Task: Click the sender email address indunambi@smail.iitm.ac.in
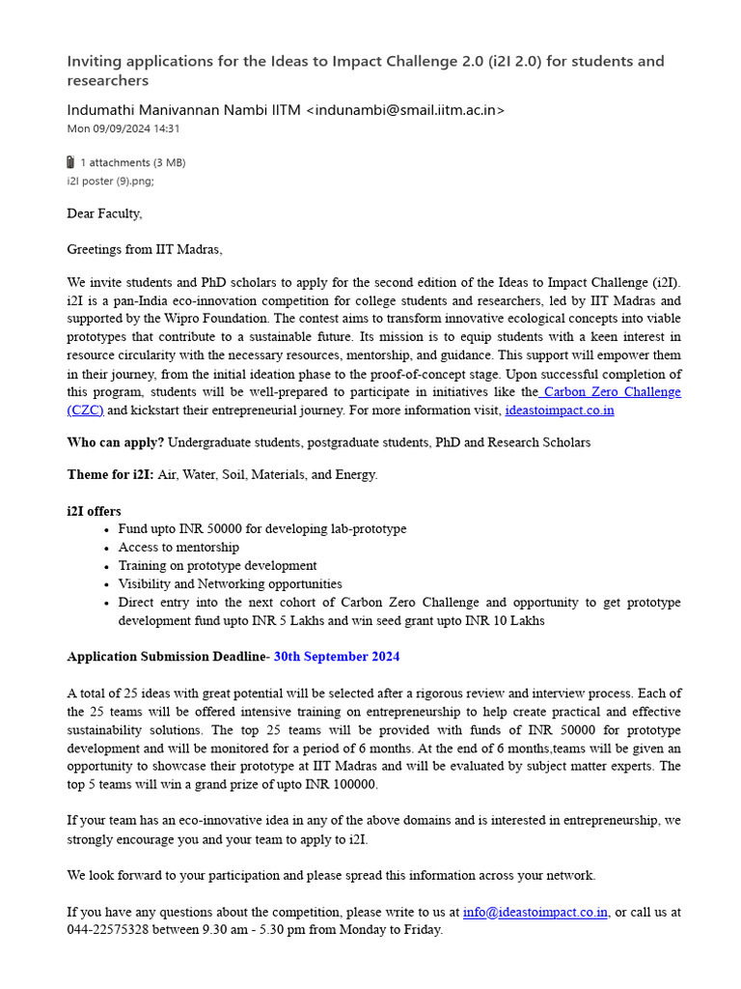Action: (x=404, y=110)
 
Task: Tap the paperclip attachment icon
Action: (x=70, y=162)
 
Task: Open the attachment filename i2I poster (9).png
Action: (x=109, y=181)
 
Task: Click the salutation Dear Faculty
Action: (x=104, y=213)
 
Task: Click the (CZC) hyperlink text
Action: (x=85, y=410)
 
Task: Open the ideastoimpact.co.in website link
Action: (x=560, y=410)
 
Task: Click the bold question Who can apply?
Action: (x=116, y=442)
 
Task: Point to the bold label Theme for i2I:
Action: (x=110, y=474)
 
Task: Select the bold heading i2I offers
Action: (x=94, y=511)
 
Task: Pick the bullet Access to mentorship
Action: (x=178, y=548)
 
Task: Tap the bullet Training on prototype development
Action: (x=217, y=566)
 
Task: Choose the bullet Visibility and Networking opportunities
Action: (x=230, y=584)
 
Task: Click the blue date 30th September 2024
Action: (x=337, y=657)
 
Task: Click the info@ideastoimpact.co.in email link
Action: (x=535, y=912)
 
